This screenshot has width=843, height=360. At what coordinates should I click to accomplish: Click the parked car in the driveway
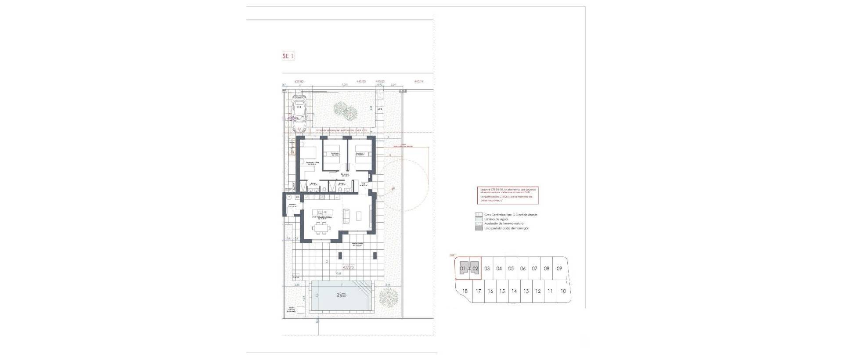click(299, 113)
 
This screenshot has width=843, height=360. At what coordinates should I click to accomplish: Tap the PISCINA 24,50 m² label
click(341, 295)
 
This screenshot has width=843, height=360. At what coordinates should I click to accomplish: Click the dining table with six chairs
click(320, 227)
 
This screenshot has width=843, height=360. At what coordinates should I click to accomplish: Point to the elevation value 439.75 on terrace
click(348, 267)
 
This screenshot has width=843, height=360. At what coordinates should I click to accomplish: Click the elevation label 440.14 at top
click(419, 81)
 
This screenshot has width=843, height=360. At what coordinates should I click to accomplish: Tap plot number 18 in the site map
click(465, 291)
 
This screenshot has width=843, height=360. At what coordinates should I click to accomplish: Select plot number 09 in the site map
click(559, 268)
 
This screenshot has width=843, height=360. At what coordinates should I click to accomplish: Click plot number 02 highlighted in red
click(475, 268)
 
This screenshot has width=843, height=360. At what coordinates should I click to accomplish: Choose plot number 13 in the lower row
click(526, 291)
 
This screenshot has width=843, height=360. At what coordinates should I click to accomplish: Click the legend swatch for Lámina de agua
click(479, 219)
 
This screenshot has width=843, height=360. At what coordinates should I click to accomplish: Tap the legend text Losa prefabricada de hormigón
click(507, 228)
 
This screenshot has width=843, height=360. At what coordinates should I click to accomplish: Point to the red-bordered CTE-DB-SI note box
click(508, 195)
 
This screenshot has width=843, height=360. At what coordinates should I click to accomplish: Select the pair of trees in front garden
click(345, 111)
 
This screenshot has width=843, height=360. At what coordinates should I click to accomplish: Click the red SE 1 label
click(288, 56)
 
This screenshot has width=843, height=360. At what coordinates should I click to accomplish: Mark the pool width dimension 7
click(341, 284)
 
